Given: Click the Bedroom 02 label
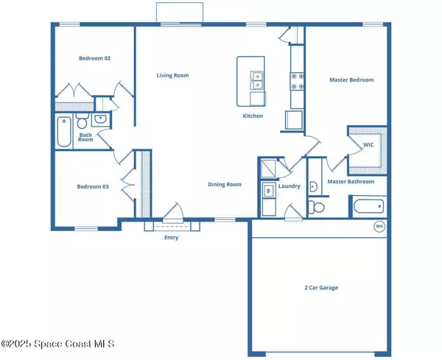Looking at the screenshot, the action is point(95,58).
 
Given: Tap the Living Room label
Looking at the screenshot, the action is point(172,75).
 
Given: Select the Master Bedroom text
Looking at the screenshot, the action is point(351,80).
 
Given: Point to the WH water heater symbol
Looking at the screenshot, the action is point(379,226).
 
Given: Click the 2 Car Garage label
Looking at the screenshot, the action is point(321,288).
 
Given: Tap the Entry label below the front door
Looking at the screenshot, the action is point(172,238).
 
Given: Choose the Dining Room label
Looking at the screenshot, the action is point(225,185).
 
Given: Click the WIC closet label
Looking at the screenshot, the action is point(368,145).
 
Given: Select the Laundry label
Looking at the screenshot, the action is point(290,186).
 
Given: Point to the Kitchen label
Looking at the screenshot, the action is point(253,116).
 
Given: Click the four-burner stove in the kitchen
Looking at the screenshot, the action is point(298,81).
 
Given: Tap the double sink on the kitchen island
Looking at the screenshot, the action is point(257,80).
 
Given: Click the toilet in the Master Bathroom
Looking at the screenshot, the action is point(316,208).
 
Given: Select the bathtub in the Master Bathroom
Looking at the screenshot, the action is point(369,206).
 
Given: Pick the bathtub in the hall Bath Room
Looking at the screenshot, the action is point(64,132).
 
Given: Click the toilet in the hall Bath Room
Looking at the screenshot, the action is point(82,121).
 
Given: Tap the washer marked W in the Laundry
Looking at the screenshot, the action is point(269,191).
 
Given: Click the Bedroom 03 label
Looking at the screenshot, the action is point(93,186).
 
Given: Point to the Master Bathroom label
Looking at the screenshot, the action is point(351,182).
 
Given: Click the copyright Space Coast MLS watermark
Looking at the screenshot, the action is point(57,344).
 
